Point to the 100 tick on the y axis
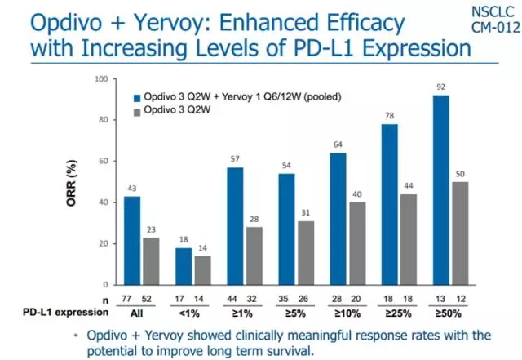coord(101,79)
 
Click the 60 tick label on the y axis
coord(103,162)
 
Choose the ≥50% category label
coord(452,312)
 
